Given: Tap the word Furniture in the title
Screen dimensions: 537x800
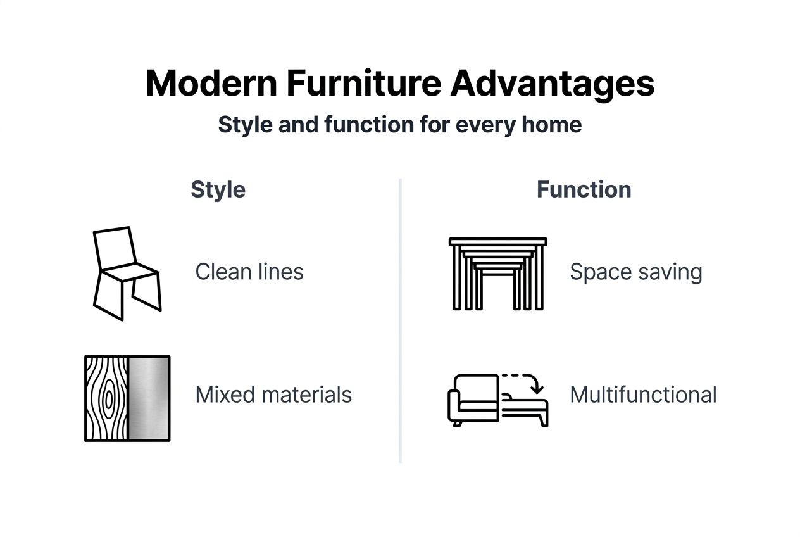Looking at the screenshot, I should pos(363,84).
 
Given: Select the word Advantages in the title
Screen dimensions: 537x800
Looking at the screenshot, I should pos(553,84).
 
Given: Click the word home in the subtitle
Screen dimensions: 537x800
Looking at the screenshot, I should pos(551,124).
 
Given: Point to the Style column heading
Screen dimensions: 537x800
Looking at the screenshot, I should pos(218,189).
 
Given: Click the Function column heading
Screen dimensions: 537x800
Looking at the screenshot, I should pos(584,189).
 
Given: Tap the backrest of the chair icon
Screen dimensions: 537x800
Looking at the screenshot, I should pos(115,247).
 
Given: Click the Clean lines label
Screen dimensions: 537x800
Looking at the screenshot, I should pos(249,272).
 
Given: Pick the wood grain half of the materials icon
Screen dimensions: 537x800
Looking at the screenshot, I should pos(107,398).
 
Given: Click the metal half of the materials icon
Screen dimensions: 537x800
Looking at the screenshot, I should pos(149,398).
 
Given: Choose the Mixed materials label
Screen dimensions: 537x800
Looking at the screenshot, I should pos(273,395).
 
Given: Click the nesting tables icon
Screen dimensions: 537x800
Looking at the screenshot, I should pos(498,274).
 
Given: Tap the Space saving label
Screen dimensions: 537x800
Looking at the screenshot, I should pos(636,272).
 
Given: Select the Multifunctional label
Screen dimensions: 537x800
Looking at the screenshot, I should pos(643,395).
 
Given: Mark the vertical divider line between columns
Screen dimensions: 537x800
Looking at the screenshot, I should pos(401,320).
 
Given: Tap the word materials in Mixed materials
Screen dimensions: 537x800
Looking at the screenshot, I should pos(306,395).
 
